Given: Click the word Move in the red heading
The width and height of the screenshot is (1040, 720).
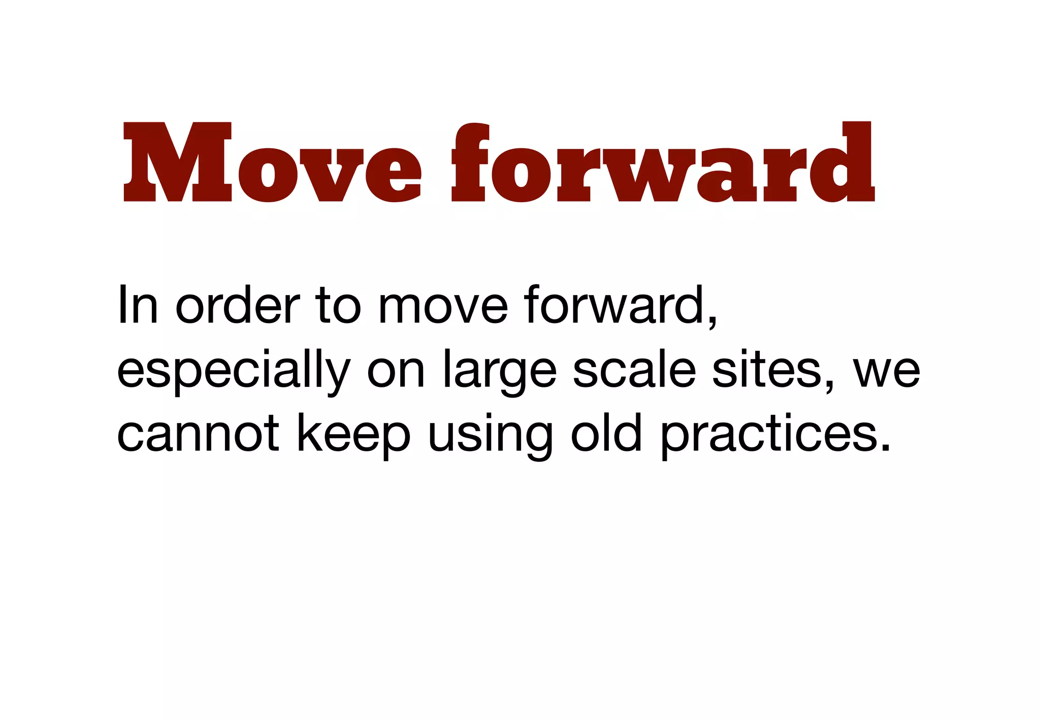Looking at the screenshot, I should [x=272, y=162].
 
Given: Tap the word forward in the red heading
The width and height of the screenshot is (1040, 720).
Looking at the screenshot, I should [x=663, y=162].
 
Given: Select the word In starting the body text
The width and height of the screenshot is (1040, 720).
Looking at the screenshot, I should [x=138, y=305].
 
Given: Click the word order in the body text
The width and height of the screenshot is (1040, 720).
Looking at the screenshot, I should [x=238, y=305].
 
